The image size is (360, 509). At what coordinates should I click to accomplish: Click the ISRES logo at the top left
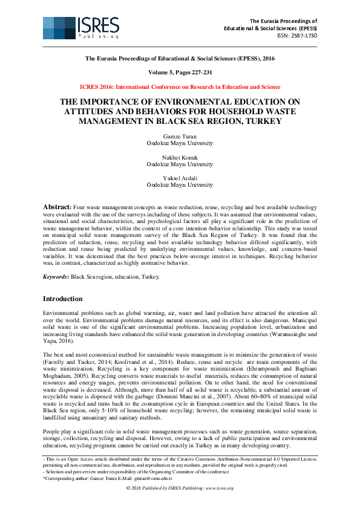(x=81, y=27)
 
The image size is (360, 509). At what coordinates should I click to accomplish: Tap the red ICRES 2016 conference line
(x=180, y=87)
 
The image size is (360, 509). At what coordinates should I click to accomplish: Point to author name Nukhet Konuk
(x=180, y=157)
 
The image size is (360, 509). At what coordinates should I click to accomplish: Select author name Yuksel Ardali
(x=180, y=178)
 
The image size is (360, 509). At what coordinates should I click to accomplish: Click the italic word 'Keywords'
(x=55, y=276)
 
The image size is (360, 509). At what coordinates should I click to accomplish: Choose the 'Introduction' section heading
(x=62, y=299)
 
